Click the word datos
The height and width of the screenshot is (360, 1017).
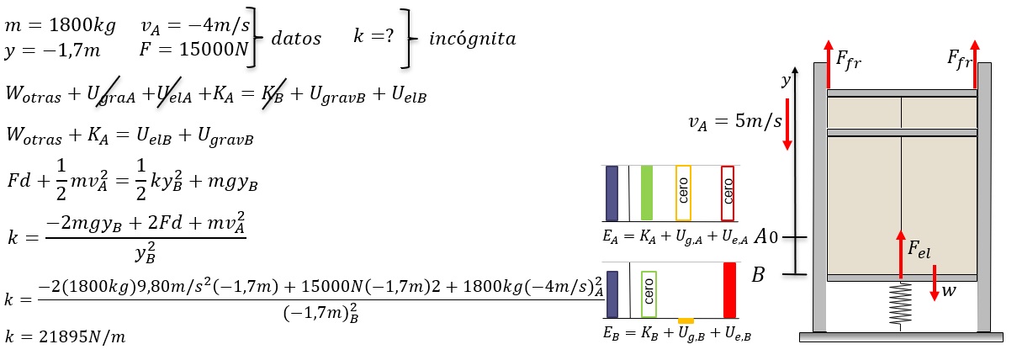click(x=296, y=39)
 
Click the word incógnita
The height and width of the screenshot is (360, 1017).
click(x=473, y=39)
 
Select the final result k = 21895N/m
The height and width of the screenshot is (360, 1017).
click(x=65, y=336)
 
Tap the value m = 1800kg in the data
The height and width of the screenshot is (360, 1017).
click(x=60, y=25)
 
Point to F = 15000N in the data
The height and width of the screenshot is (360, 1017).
click(x=194, y=49)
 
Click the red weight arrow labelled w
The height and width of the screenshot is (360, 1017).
click(x=934, y=283)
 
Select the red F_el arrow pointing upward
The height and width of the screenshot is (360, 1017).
click(x=901, y=254)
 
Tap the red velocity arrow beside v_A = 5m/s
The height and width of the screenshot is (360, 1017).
click(x=787, y=124)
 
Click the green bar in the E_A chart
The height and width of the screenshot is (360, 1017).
click(x=647, y=193)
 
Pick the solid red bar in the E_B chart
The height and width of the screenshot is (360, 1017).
click(x=729, y=290)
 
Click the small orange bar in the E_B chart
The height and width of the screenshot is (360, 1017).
click(x=686, y=321)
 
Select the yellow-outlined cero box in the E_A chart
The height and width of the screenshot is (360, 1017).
click(x=683, y=193)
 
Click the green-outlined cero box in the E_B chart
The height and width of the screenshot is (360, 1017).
click(x=649, y=294)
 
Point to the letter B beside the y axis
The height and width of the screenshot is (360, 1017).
click(x=758, y=275)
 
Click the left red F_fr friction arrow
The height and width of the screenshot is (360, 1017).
click(x=829, y=64)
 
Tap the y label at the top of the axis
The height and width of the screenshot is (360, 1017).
click(x=786, y=81)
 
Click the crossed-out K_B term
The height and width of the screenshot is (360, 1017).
click(x=273, y=94)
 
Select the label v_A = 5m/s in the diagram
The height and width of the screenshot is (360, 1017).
click(x=735, y=122)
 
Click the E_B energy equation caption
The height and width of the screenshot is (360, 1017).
click(x=677, y=334)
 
